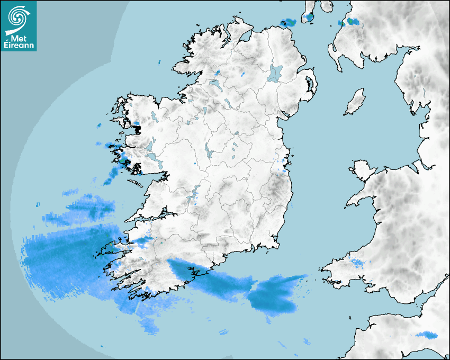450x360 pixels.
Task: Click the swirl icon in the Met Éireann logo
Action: (x=17, y=18)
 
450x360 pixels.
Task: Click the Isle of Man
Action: (x=355, y=102)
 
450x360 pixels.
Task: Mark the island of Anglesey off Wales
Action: (x=363, y=170)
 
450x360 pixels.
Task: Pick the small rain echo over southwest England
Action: (x=427, y=335)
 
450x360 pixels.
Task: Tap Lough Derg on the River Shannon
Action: (x=195, y=192)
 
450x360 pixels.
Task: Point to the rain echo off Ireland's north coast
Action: (x=289, y=23)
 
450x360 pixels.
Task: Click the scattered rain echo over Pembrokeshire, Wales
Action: (x=356, y=263)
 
